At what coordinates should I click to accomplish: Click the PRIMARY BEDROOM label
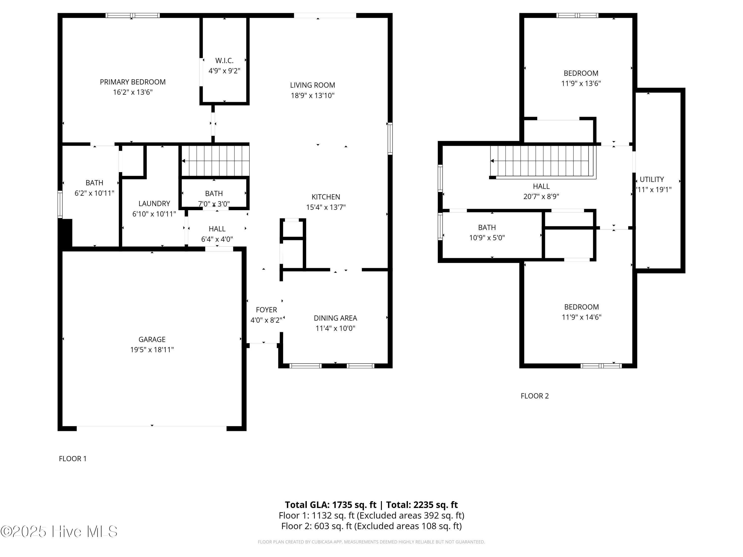133,82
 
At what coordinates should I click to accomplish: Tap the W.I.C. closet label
224,60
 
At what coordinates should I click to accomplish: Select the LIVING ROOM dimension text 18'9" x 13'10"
313,95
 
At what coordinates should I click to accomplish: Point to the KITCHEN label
326,197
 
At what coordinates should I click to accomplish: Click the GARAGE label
152,339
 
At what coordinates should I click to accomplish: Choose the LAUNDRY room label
154,203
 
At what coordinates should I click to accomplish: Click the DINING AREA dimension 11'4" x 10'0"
335,328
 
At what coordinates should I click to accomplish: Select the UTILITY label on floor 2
652,179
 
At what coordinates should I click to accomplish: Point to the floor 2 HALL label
541,186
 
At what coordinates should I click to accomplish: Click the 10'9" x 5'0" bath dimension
487,238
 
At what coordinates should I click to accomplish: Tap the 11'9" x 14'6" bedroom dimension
582,317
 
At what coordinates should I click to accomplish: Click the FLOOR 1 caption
73,459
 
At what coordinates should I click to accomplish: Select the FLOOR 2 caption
534,396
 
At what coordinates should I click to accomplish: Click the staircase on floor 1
215,161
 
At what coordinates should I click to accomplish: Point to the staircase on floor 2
543,161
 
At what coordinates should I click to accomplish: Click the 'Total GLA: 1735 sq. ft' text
331,505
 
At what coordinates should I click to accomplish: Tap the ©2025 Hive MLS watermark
59,531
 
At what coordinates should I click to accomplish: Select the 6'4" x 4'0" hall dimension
217,239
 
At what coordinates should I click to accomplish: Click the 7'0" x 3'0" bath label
214,203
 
